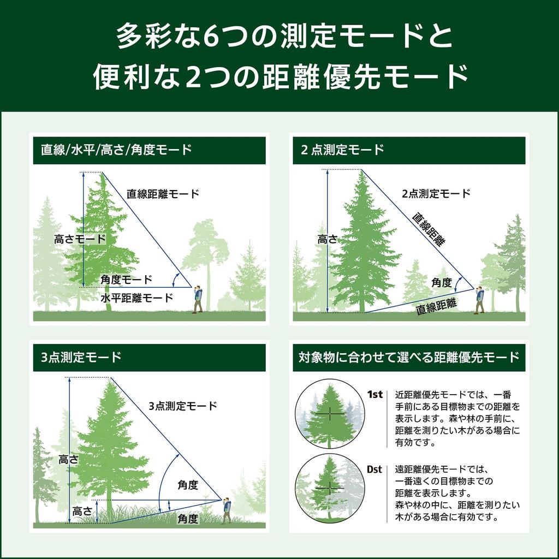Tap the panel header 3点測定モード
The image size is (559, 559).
pyautogui.click(x=81, y=358)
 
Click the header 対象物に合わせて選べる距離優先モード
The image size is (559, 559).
pyautogui.click(x=408, y=358)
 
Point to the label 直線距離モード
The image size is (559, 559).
pyautogui.click(x=163, y=194)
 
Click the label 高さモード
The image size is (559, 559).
pyautogui.click(x=80, y=239)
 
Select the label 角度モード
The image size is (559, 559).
pyautogui.click(x=127, y=279)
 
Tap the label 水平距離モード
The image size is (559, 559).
pyautogui.click(x=136, y=298)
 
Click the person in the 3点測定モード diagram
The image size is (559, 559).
pyautogui.click(x=226, y=510)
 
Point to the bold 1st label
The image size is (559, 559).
pyautogui.click(x=374, y=395)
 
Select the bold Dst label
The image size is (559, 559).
pyautogui.click(x=374, y=469)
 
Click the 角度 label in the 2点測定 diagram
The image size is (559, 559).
pyautogui.click(x=442, y=282)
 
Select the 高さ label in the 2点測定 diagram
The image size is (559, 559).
pyautogui.click(x=328, y=239)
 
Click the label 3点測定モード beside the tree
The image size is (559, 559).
pyautogui.click(x=183, y=406)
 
